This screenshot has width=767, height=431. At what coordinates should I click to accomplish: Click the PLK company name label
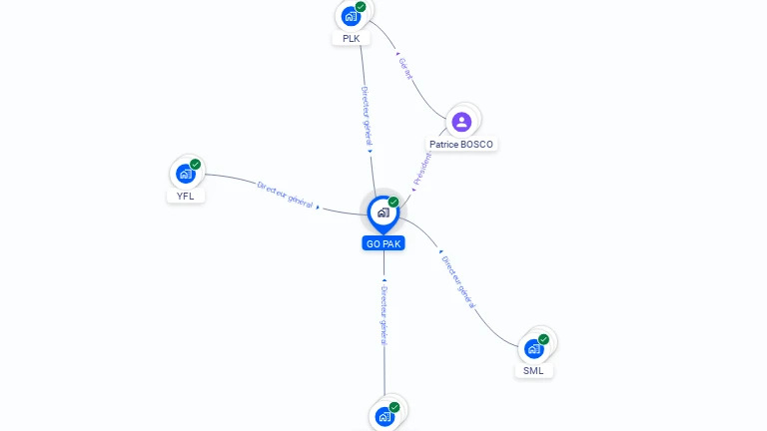click(x=351, y=38)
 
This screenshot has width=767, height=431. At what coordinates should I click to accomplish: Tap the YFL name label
click(x=185, y=196)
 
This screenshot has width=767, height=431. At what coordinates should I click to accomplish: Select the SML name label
click(x=534, y=371)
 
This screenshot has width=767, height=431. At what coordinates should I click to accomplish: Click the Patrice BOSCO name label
click(x=461, y=144)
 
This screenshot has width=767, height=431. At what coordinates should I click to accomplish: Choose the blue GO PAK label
click(x=383, y=243)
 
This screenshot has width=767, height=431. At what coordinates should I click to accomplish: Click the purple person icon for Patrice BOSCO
click(x=461, y=122)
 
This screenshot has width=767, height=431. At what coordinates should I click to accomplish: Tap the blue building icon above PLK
click(x=351, y=16)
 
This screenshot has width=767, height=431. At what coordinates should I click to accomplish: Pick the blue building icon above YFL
click(x=185, y=174)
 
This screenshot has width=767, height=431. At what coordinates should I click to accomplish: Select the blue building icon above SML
click(x=534, y=349)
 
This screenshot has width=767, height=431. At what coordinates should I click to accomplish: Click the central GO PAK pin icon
click(x=383, y=213)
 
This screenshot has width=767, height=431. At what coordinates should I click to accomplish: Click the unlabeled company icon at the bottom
click(x=384, y=417)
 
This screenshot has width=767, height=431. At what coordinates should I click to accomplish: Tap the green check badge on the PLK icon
click(x=361, y=7)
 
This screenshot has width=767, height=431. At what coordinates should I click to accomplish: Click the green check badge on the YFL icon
click(x=195, y=165)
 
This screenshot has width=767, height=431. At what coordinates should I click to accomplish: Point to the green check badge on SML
click(x=544, y=340)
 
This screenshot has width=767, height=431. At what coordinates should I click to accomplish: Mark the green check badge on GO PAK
click(x=393, y=203)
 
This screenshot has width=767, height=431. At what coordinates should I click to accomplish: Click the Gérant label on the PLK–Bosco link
click(x=404, y=69)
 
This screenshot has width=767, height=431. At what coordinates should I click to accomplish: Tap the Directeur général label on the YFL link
click(x=286, y=193)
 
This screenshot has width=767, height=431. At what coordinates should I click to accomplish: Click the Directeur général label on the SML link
click(x=457, y=283)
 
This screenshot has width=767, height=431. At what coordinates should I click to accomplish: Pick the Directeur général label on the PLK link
click(x=367, y=118)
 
